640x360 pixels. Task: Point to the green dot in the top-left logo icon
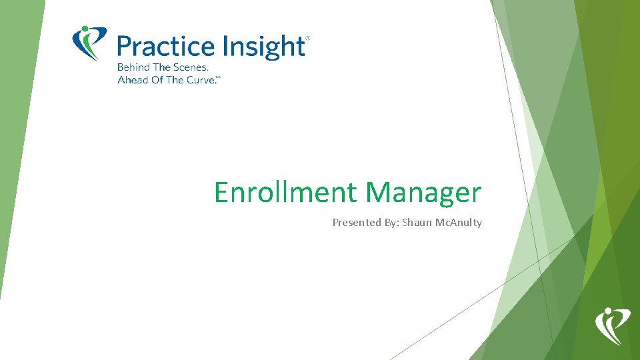[85, 30]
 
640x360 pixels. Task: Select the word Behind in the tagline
[133, 67]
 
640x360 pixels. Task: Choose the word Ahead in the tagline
[131, 80]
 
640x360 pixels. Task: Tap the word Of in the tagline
[156, 80]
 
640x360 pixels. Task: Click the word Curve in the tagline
[201, 80]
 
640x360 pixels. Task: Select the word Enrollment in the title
[285, 193]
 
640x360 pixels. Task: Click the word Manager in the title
[423, 193]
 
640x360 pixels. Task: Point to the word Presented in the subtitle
[356, 223]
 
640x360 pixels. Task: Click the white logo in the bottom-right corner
[611, 325]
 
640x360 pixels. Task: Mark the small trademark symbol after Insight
[307, 39]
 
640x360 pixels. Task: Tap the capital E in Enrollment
[221, 193]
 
